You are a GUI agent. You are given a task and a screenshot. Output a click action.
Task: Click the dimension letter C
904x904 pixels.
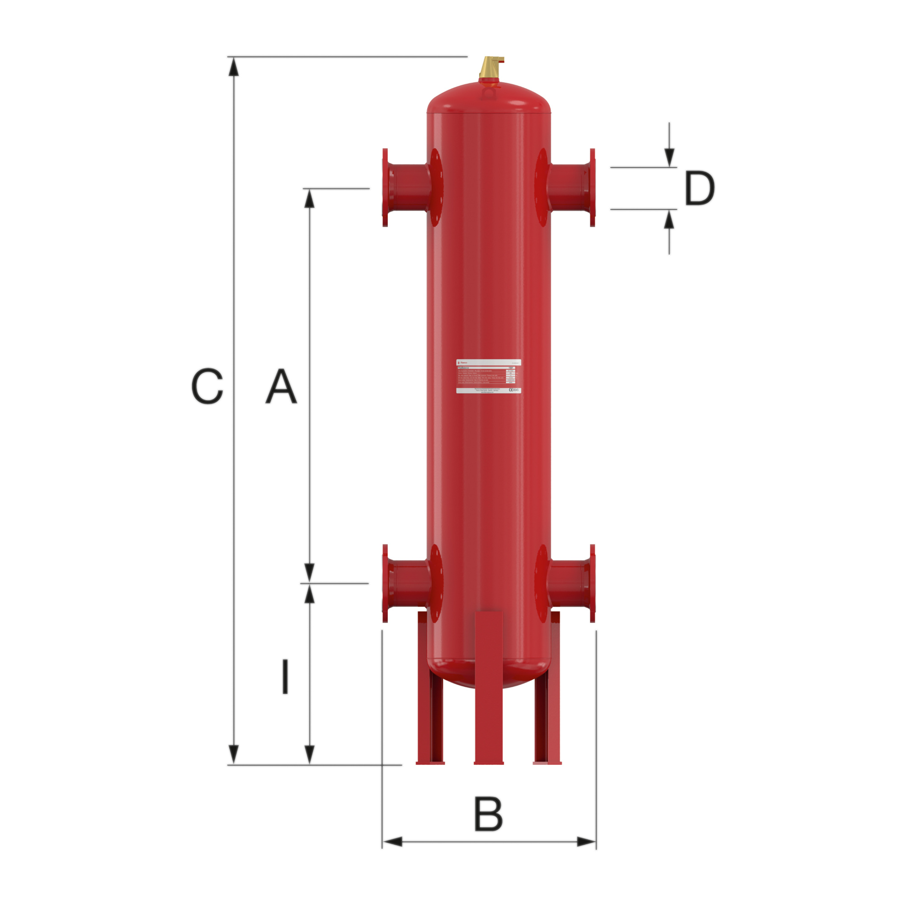point(207,386)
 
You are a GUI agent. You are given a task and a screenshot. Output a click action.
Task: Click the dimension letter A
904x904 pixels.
point(281,386)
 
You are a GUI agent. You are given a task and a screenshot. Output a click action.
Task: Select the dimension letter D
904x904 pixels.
point(699,188)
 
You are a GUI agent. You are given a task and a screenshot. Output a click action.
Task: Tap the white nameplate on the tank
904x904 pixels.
point(489,376)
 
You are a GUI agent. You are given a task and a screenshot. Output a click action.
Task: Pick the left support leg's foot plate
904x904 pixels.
point(430,763)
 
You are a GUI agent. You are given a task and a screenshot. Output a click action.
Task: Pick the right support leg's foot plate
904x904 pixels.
point(547,763)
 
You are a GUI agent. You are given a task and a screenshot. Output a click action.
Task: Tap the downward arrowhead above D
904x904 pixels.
point(669,157)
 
